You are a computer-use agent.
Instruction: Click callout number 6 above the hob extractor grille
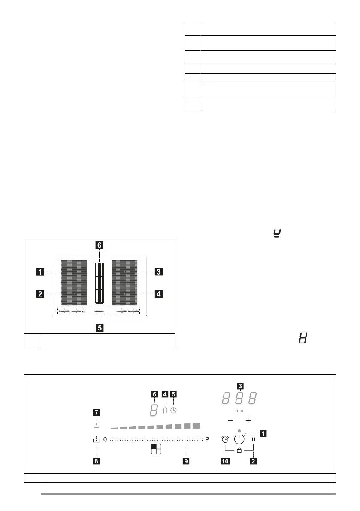pos(99,245)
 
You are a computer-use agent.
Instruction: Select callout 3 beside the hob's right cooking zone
pos(158,272)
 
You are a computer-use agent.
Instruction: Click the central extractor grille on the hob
pos(99,284)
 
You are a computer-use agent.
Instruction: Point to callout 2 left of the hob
pos(40,294)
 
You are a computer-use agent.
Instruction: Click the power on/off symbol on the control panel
pos(240,438)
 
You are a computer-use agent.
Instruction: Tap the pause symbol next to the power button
pos(254,439)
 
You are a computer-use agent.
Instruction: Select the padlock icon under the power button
pos(239,451)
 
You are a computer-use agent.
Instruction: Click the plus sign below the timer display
pos(248,421)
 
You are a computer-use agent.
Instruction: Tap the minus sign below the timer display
pos(230,421)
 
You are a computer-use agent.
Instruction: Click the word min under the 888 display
pos(239,411)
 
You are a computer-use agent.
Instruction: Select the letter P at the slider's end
pos(207,439)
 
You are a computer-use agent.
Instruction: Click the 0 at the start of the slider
pos(105,439)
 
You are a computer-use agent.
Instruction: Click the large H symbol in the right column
pos(303,339)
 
